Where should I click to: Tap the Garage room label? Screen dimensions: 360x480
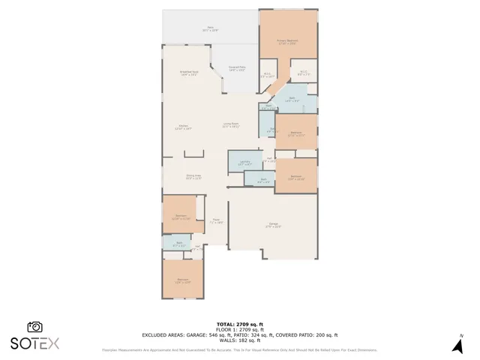coord(273,226)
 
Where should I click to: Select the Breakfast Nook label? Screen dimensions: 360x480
coord(188,73)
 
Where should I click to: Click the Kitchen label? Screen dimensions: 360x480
coord(183,127)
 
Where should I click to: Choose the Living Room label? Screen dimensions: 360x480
coord(230,125)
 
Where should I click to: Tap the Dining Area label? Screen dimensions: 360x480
coord(193,177)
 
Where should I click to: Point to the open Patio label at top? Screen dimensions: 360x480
coord(210,29)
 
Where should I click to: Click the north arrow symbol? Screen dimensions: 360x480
coord(457,345)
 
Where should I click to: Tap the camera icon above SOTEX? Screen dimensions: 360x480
coord(34,327)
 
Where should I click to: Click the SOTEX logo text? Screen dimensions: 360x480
coord(34,343)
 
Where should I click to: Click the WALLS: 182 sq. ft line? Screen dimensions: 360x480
coord(239,341)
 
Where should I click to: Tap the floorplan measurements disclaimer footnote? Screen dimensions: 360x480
coord(239,350)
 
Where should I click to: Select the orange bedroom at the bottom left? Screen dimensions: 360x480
coord(182,280)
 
